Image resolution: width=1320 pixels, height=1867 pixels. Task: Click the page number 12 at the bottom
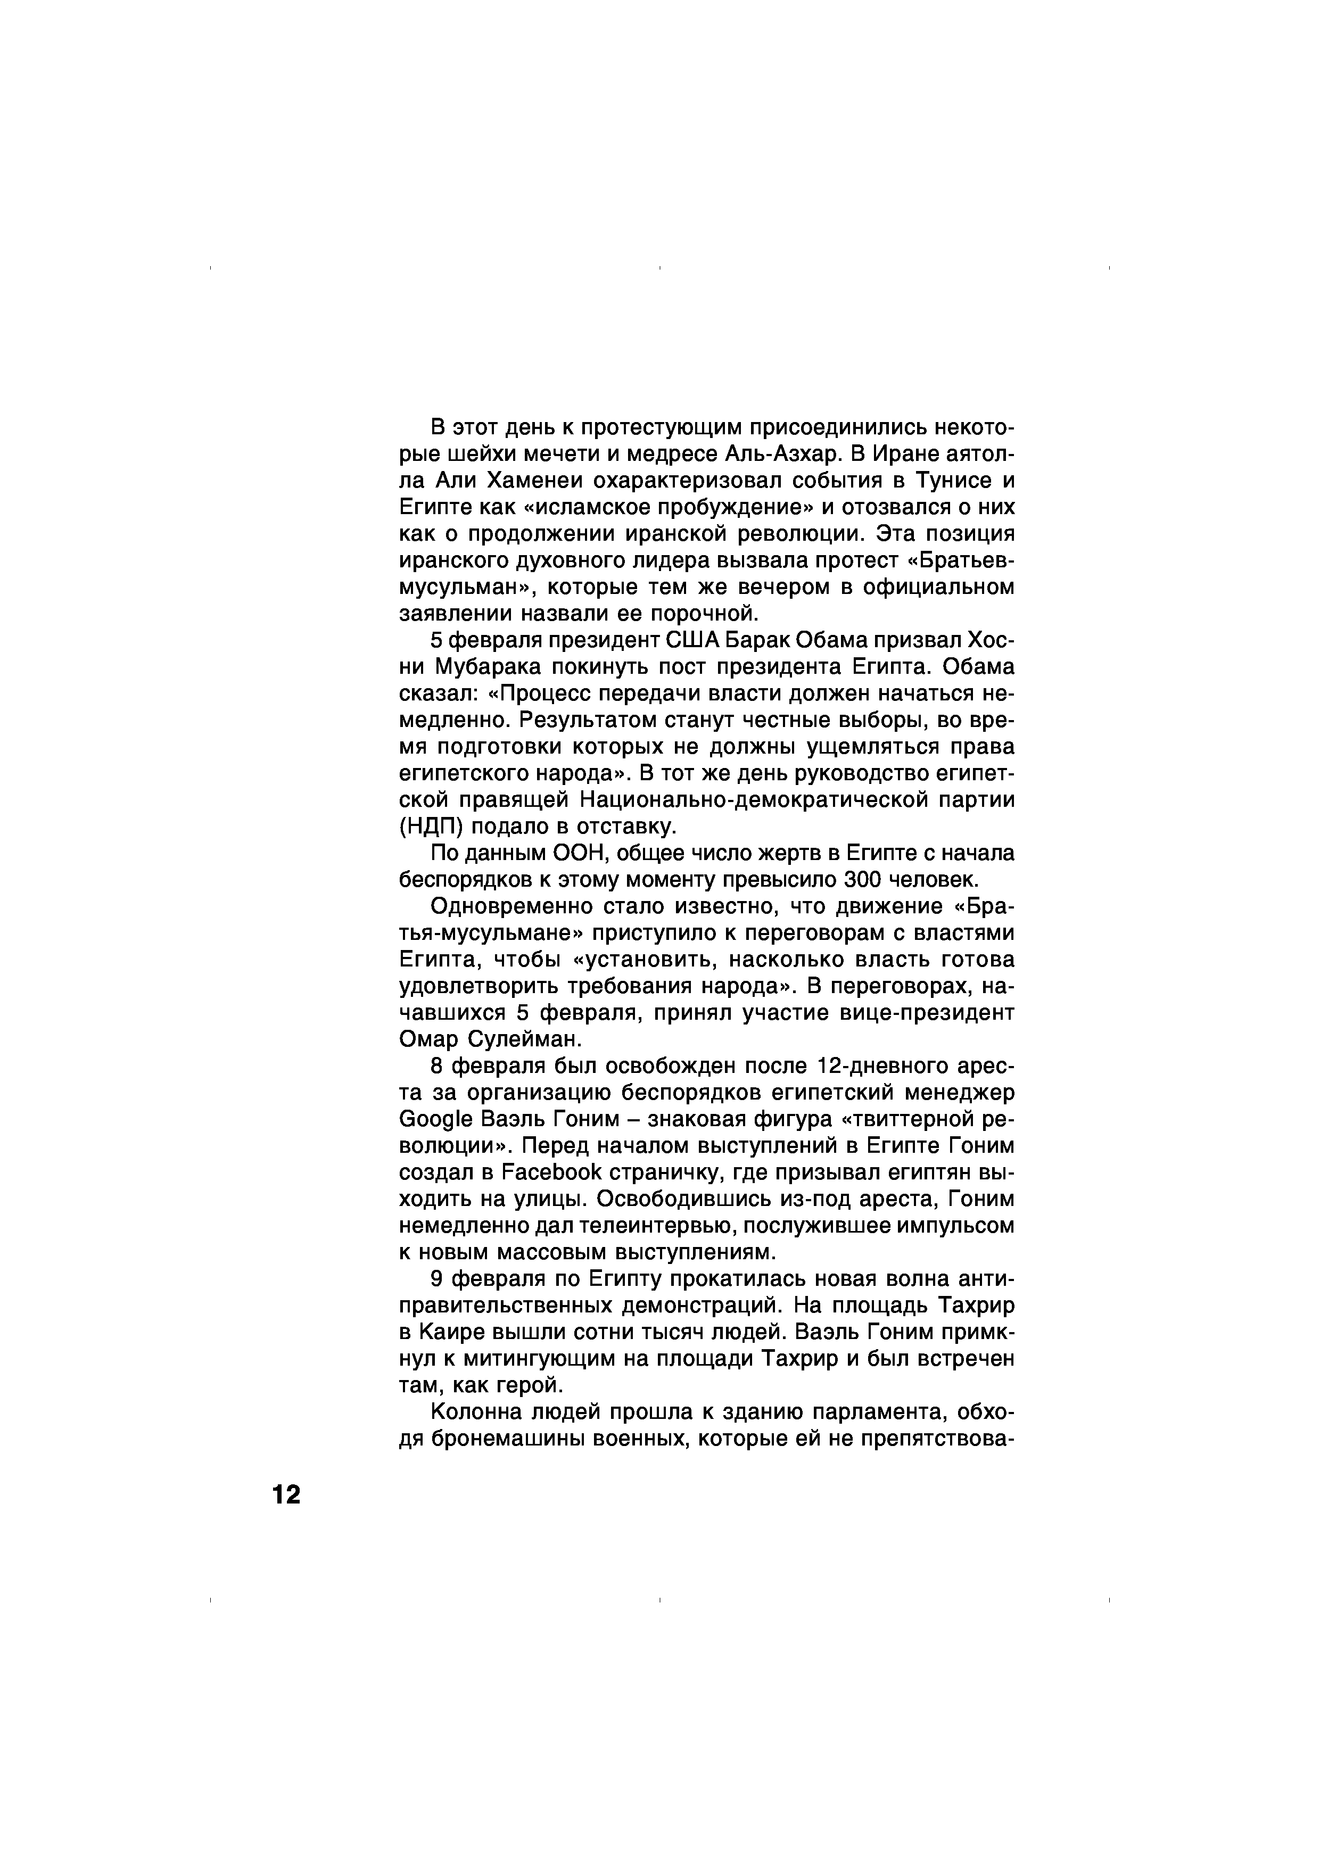286,1494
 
